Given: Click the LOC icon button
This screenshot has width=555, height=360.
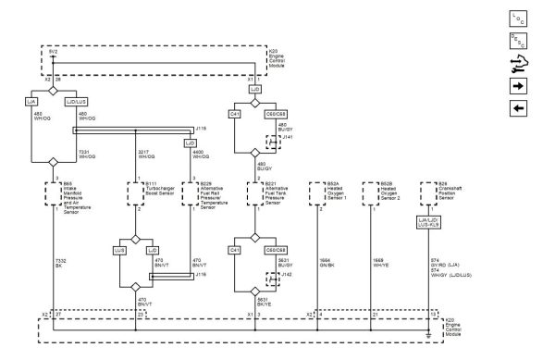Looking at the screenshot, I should pyautogui.click(x=517, y=19).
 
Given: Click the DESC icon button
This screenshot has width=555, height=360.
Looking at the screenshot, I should pyautogui.click(x=517, y=41).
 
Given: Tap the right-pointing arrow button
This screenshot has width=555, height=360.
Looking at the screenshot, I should pyautogui.click(x=517, y=86).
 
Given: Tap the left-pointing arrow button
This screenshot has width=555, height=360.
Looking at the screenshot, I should pyautogui.click(x=517, y=108).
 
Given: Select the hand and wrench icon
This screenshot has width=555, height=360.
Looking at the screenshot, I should pyautogui.click(x=517, y=64).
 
